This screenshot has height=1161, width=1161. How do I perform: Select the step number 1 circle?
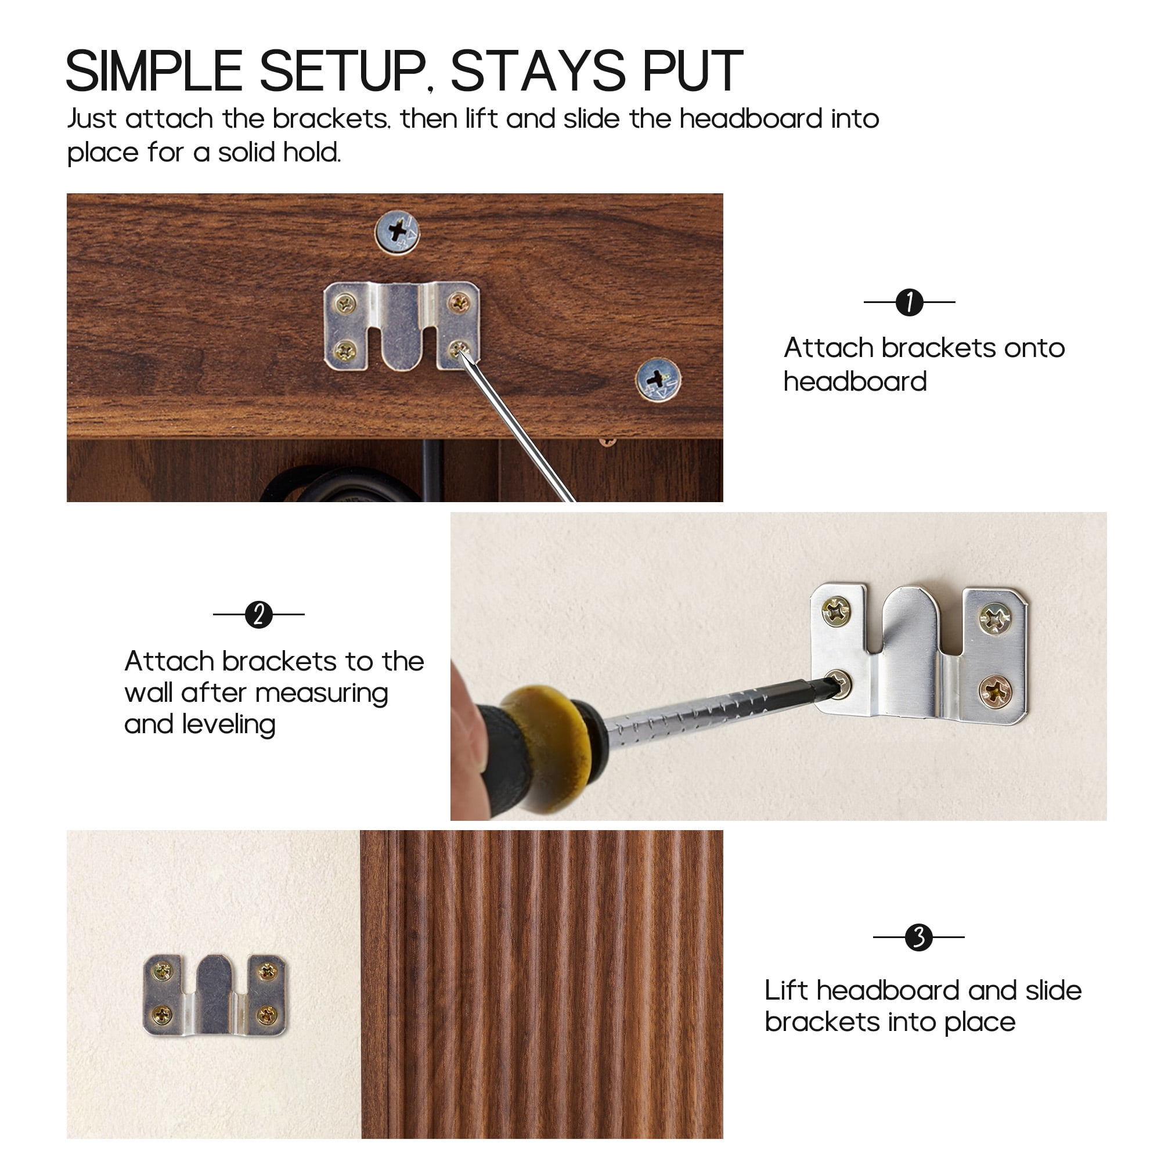click(909, 302)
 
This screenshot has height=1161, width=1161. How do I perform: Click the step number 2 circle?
click(259, 615)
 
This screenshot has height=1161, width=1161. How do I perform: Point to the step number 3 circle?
click(919, 937)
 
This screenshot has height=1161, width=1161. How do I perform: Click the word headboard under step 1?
click(855, 381)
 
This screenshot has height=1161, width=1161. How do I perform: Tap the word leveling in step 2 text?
click(229, 724)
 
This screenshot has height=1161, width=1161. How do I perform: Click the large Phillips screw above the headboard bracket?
click(397, 232)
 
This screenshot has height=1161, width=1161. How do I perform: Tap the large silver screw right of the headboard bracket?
click(658, 379)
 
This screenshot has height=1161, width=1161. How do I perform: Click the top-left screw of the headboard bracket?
click(345, 304)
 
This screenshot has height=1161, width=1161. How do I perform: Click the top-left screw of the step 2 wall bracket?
click(836, 612)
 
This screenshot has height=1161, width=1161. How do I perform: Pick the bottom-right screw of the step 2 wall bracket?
click(996, 692)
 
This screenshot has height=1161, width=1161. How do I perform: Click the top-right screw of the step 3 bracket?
click(268, 971)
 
